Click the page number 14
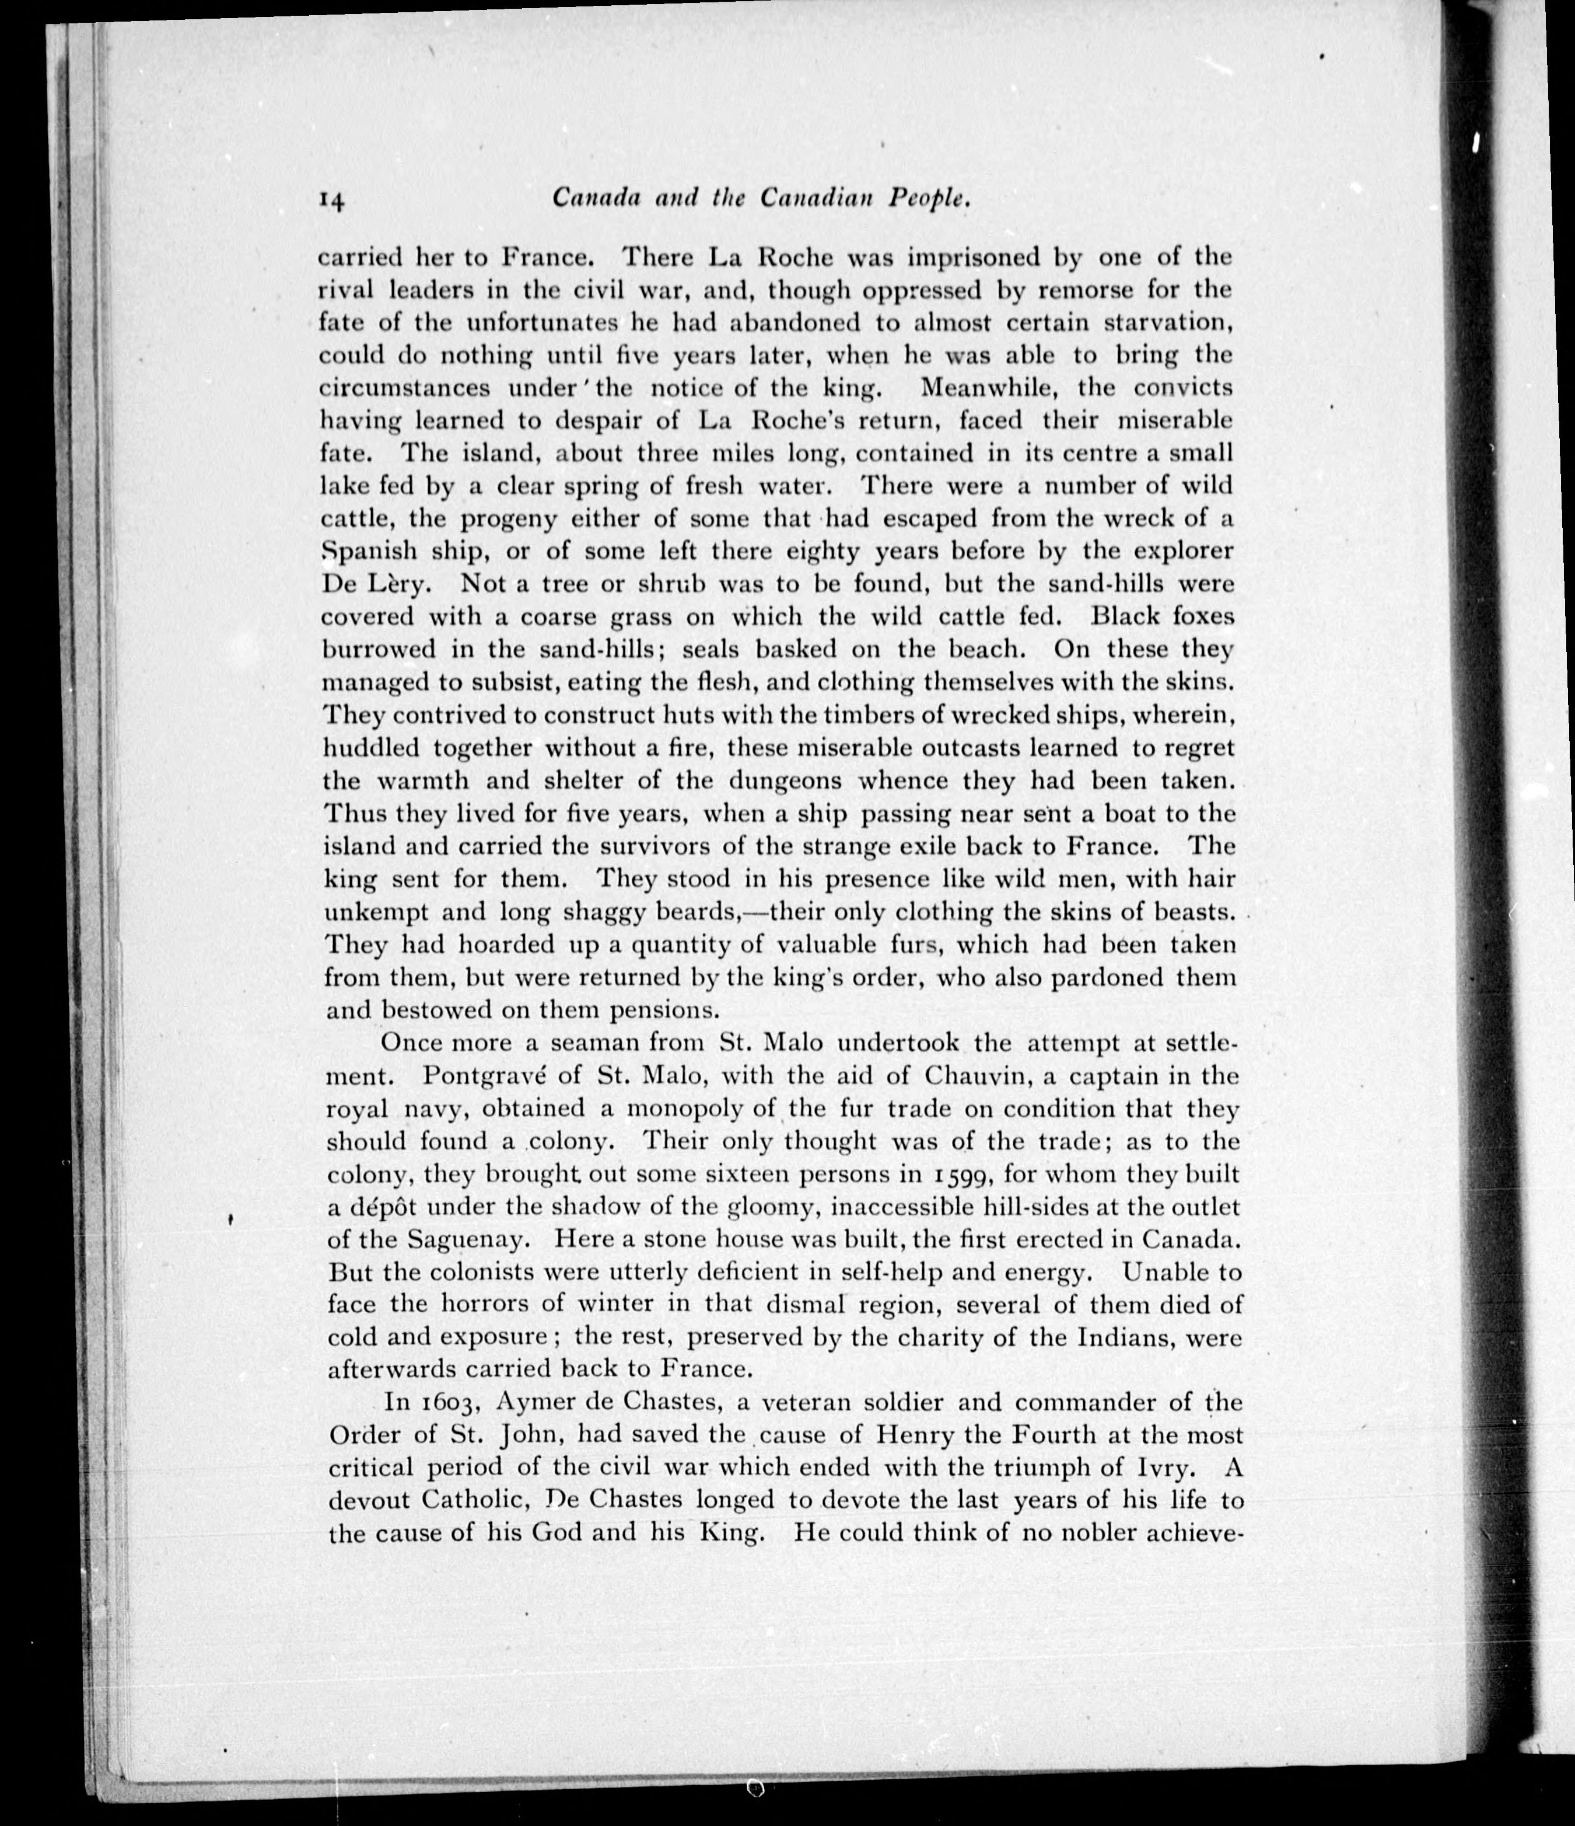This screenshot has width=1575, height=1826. click(x=331, y=201)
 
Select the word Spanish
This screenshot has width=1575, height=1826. click(x=368, y=552)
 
